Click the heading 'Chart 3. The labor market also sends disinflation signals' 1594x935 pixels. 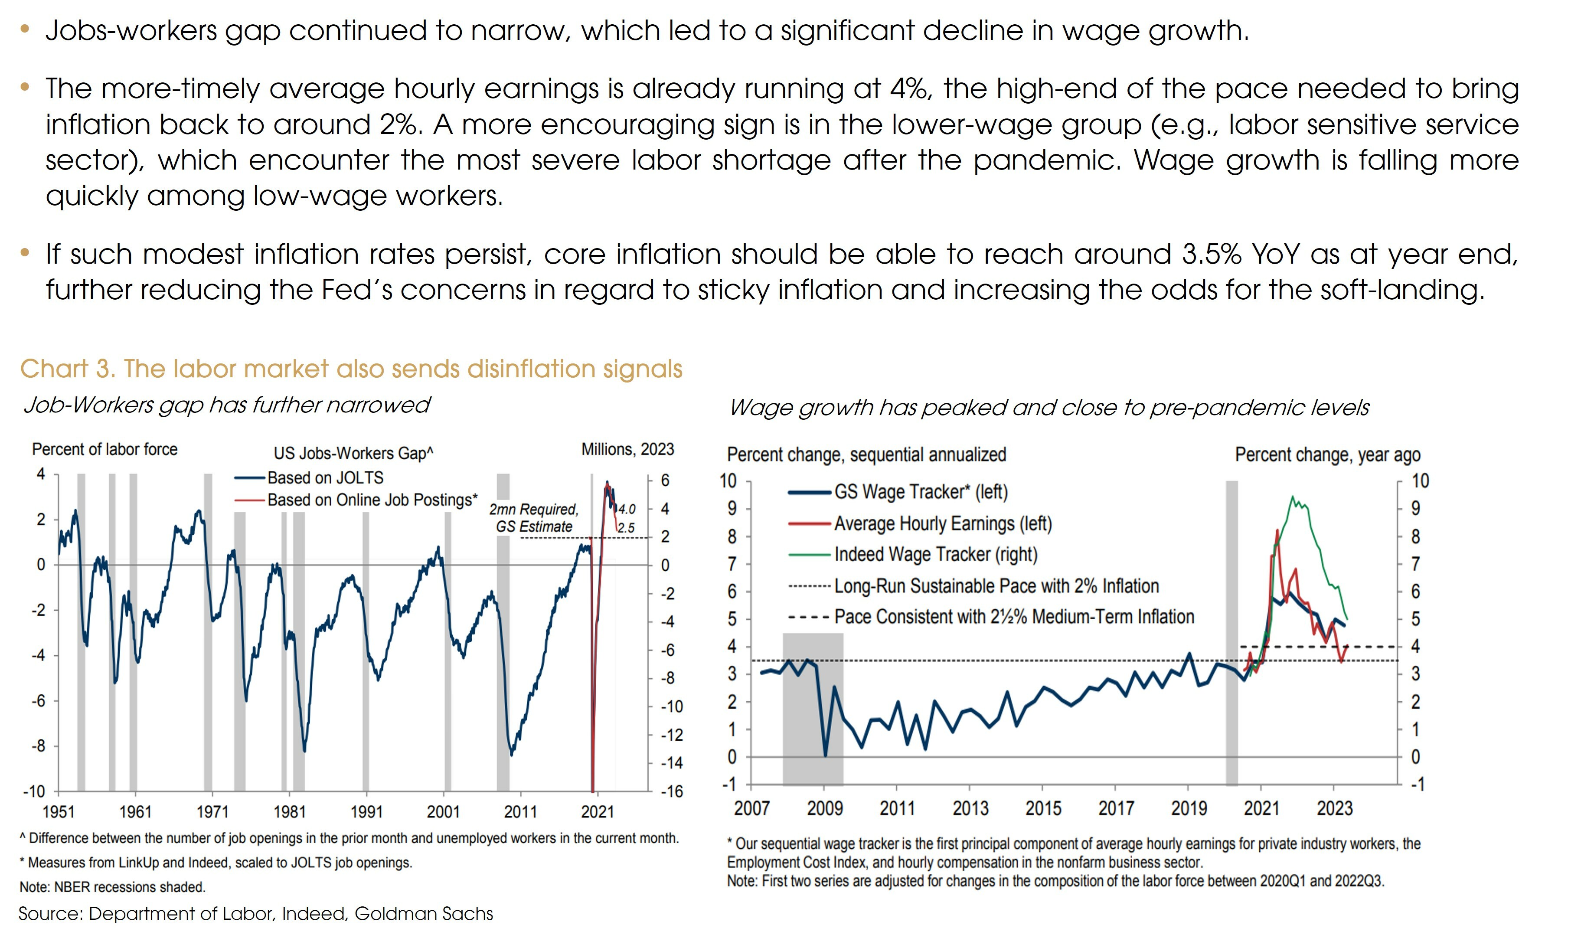tap(351, 369)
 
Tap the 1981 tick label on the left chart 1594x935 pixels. tap(289, 812)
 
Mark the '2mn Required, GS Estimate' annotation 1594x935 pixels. tap(534, 518)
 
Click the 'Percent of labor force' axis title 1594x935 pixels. tap(105, 450)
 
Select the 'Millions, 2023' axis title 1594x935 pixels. tap(627, 450)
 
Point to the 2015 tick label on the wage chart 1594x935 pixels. tap(1043, 808)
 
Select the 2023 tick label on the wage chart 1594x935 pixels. tap(1335, 808)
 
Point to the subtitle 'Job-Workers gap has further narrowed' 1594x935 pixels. tap(226, 405)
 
